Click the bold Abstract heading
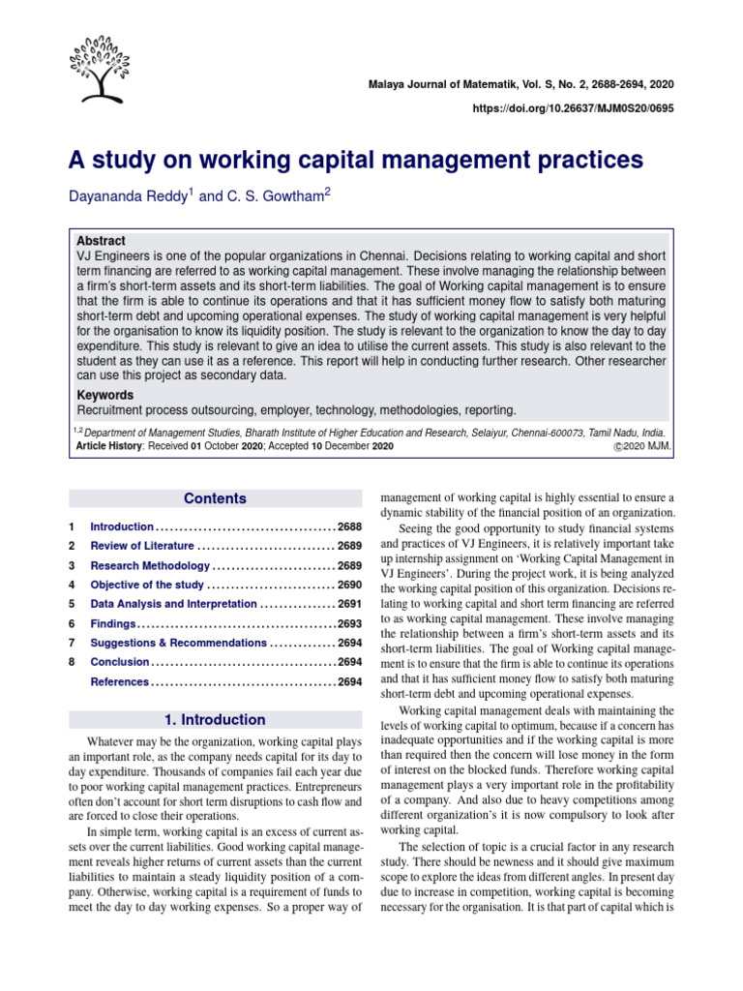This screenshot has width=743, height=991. click(101, 241)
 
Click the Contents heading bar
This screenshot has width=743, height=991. click(215, 499)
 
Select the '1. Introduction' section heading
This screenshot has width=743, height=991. click(215, 720)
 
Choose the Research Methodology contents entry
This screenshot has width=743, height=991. click(149, 565)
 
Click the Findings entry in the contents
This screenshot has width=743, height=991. click(112, 624)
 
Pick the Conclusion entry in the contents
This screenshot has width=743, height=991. click(120, 663)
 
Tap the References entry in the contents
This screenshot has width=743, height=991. click(120, 682)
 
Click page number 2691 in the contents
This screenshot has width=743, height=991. click(349, 605)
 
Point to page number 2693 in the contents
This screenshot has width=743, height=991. click(349, 624)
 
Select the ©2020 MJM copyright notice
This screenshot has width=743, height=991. click(641, 447)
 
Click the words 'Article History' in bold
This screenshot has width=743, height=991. click(108, 447)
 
